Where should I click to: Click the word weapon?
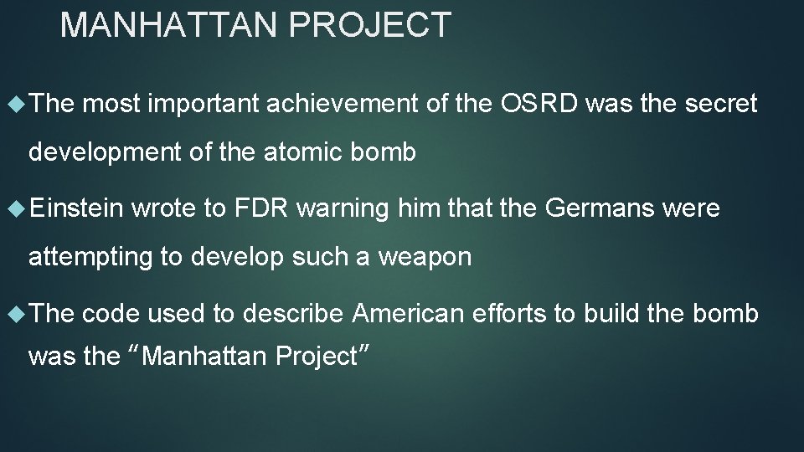(x=425, y=257)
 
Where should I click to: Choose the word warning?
(x=343, y=208)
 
